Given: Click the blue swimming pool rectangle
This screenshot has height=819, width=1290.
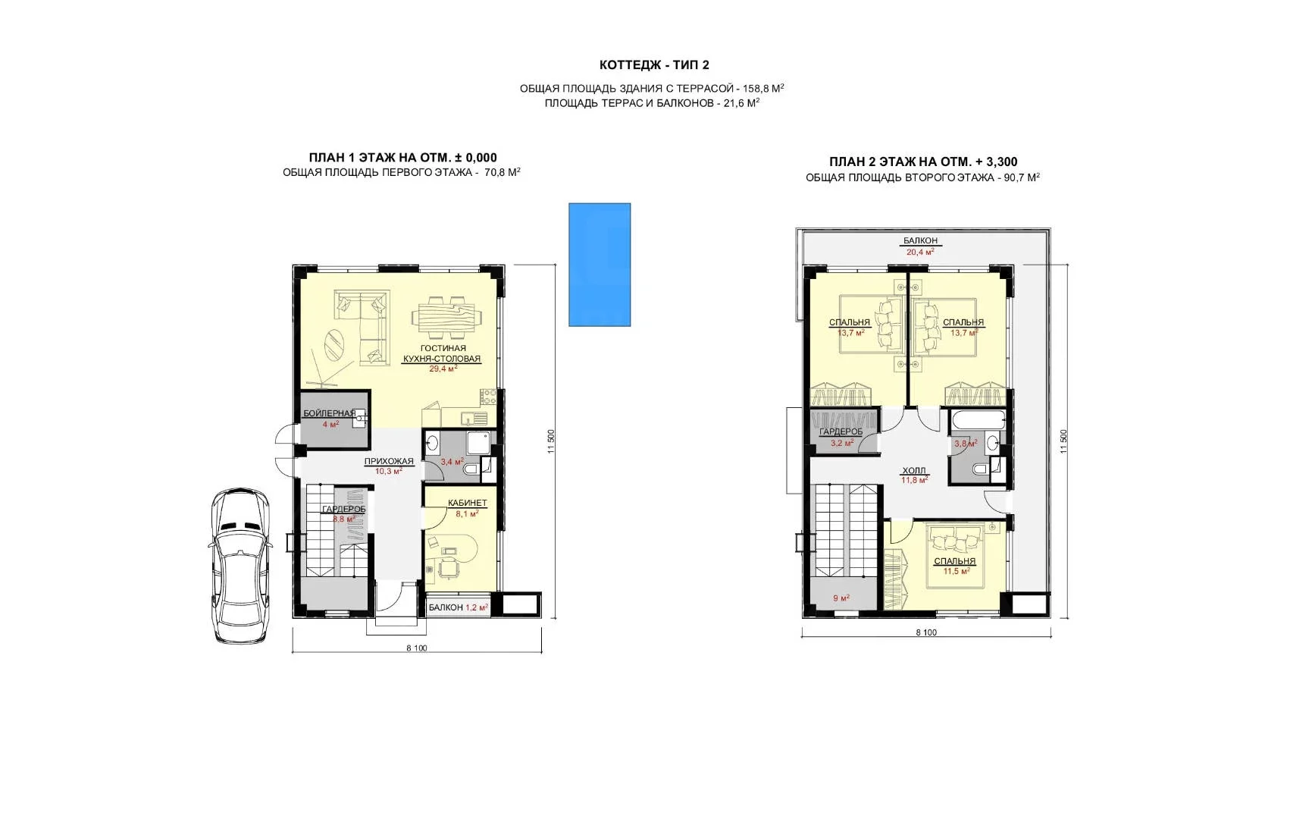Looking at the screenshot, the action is pos(600,265).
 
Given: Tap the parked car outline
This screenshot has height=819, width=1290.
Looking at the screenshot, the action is pos(240,566).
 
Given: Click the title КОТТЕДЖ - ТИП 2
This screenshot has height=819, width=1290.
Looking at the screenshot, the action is pos(654,65).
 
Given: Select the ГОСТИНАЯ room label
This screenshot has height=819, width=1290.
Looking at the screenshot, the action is pos(443,348).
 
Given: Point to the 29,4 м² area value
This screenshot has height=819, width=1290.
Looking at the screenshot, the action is pos(443,369).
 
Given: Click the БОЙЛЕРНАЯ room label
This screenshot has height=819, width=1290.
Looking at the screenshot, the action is pos(330,413).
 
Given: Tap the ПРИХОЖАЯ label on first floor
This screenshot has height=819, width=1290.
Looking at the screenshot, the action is pos(389,461).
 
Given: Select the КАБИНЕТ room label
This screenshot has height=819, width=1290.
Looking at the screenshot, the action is pos(467,504).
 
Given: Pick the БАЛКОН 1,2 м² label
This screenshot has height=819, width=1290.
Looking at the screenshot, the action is pos(459,607).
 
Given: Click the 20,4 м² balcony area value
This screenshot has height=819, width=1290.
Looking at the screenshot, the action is pos(920,252).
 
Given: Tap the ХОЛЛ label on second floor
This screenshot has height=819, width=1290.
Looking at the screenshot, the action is pos(914,470).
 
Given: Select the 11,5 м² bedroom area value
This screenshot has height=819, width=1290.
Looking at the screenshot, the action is pos(956,571).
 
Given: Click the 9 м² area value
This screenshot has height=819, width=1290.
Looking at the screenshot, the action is pos(841,598).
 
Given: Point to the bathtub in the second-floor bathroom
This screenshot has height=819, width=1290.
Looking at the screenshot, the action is pos(978,419).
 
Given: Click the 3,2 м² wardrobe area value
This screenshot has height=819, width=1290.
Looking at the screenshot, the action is pos(842,443).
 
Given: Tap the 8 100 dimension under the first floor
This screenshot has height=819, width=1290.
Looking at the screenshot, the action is pos(417,648).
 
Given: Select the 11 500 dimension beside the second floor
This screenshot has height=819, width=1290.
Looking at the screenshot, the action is pos(1063,441).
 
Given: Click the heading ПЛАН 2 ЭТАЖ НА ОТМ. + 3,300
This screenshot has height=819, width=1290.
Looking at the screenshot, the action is pos(923,162).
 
